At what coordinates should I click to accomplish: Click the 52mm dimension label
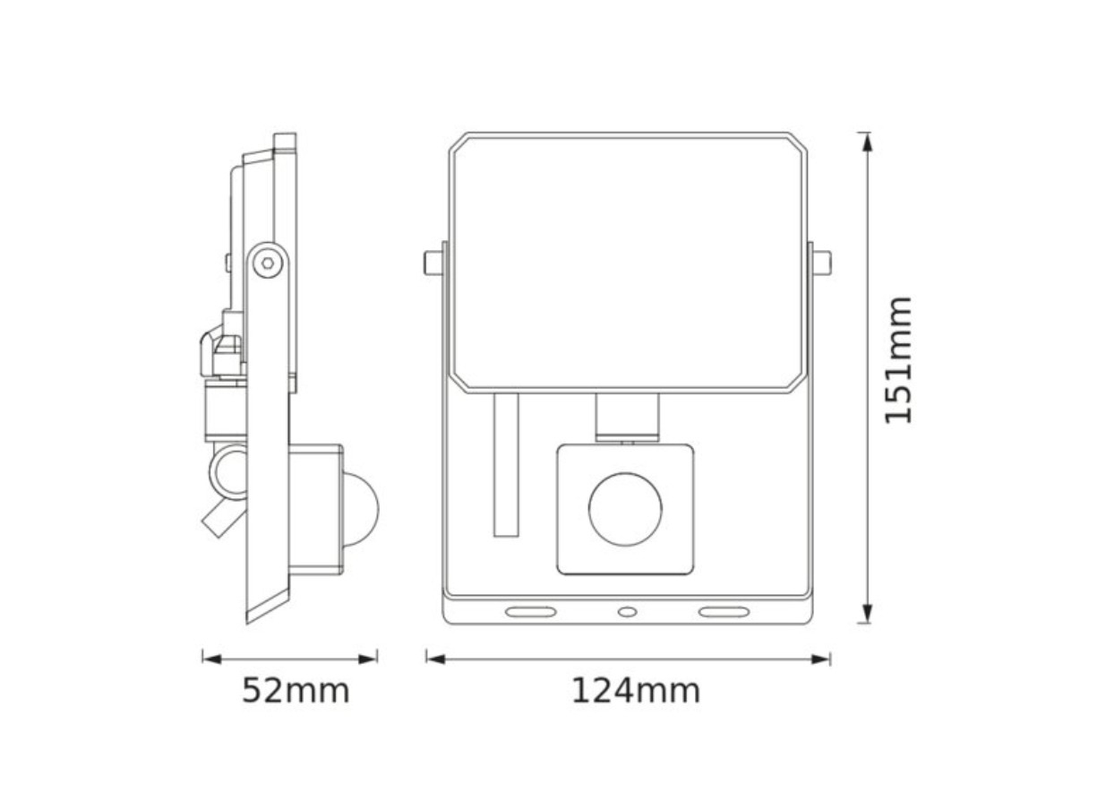(x=296, y=691)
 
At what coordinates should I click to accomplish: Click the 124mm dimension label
(x=636, y=691)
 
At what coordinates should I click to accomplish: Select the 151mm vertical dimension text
(x=897, y=360)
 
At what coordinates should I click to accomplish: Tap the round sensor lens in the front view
(x=625, y=509)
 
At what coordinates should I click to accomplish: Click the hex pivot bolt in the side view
(x=268, y=263)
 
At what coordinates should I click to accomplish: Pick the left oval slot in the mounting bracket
(x=531, y=612)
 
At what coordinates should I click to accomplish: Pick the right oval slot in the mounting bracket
(x=724, y=612)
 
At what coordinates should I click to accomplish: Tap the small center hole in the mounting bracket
(x=628, y=612)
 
